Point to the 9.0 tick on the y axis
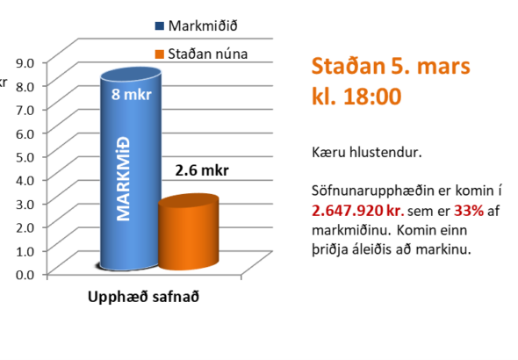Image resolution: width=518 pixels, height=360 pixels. [25, 62]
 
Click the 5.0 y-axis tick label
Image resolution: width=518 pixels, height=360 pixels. [25, 156]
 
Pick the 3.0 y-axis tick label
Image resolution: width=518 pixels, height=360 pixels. [25, 204]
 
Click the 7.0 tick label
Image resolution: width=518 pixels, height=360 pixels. [25, 110]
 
